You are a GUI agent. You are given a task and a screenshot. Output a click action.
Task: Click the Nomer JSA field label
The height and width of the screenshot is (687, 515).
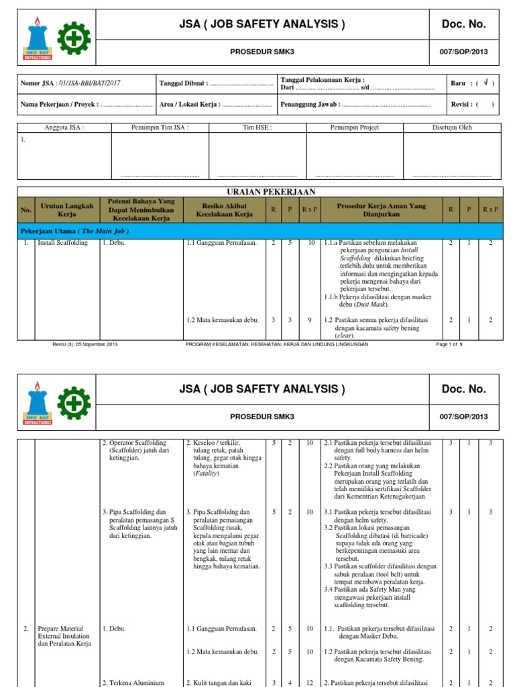[40, 83]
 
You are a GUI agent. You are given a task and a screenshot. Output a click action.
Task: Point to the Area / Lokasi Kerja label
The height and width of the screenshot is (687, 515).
[190, 105]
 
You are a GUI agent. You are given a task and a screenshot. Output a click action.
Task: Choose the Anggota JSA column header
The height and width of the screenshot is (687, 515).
[64, 127]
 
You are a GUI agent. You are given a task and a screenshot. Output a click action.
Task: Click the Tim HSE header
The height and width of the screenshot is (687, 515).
[257, 127]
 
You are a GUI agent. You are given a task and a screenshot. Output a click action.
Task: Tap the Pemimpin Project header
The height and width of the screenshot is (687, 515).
[355, 127]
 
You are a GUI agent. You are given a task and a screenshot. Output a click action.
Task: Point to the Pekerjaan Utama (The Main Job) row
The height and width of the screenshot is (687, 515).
[74, 231]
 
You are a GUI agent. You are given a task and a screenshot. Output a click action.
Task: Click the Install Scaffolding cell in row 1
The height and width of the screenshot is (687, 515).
[62, 243]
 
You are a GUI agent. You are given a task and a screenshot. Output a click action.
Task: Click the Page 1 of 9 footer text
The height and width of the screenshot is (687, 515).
[449, 344]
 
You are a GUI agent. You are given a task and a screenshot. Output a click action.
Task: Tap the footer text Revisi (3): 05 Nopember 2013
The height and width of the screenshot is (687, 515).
[84, 344]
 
